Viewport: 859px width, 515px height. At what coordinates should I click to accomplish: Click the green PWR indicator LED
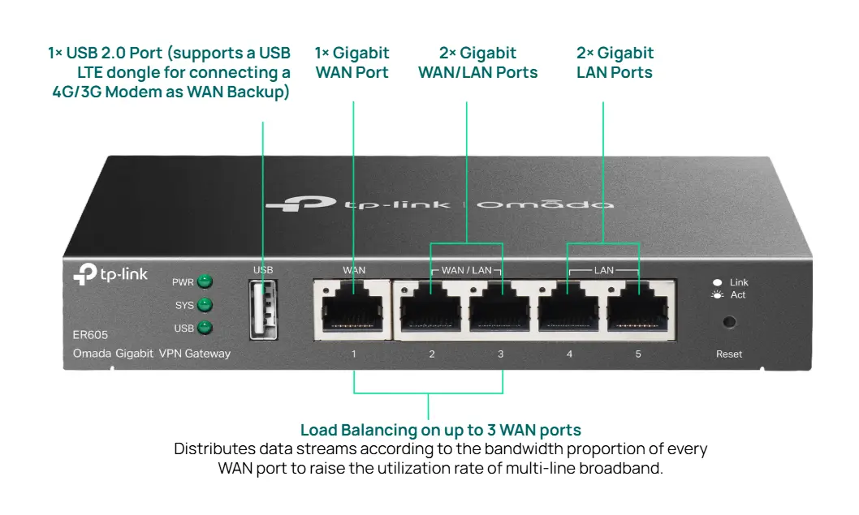[x=205, y=282]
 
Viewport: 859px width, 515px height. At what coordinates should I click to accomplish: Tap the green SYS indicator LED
[x=205, y=305]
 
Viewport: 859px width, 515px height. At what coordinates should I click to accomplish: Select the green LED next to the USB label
[x=205, y=328]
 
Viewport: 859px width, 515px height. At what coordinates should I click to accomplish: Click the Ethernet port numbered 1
[x=354, y=307]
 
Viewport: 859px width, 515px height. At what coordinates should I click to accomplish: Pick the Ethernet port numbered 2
[x=431, y=307]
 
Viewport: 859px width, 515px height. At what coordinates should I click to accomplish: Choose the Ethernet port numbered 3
[x=500, y=307]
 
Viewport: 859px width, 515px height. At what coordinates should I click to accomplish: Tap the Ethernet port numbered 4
[x=569, y=307]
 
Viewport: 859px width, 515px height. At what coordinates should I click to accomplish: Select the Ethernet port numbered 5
[x=638, y=307]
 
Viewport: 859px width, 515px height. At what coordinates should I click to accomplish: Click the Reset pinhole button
[x=729, y=322]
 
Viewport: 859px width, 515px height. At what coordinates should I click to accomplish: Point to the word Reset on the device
[x=729, y=354]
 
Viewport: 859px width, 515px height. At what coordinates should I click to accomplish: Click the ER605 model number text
[x=90, y=334]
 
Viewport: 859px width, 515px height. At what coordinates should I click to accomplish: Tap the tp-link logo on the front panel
[x=111, y=275]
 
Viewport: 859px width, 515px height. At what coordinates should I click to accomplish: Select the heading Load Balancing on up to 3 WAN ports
[x=441, y=430]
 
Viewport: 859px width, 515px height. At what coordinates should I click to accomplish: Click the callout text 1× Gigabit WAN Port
[x=352, y=62]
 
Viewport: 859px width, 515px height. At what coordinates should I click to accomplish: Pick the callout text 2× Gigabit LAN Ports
[x=615, y=62]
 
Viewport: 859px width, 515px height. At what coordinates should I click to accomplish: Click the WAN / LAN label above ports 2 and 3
[x=466, y=270]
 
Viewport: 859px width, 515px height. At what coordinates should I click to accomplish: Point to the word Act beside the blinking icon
[x=738, y=295]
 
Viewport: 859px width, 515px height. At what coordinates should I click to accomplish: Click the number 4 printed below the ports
[x=569, y=354]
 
